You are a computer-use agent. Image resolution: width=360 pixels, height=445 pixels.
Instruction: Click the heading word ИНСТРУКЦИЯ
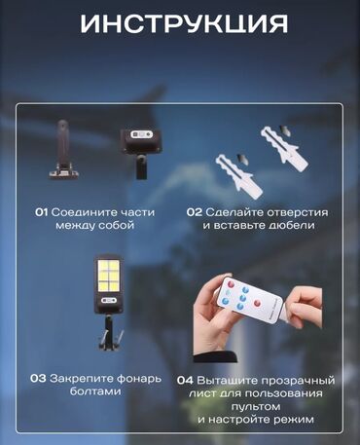(x=184, y=24)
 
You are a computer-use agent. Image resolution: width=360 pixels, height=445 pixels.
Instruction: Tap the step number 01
(x=42, y=212)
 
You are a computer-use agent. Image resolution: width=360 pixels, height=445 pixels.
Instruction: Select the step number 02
(x=195, y=212)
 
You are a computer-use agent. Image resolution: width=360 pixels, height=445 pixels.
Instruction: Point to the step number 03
(x=38, y=379)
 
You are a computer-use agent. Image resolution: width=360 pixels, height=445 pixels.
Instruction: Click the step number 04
(x=185, y=381)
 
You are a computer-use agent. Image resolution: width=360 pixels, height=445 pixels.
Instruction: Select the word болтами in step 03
(x=95, y=391)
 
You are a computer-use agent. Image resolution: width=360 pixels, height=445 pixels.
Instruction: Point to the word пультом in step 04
(x=256, y=406)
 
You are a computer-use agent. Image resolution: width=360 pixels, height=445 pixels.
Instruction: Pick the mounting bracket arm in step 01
(x=63, y=149)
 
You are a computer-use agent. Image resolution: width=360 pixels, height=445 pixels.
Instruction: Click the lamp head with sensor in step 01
(x=141, y=153)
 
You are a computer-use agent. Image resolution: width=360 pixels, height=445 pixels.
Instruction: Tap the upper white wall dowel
(x=284, y=148)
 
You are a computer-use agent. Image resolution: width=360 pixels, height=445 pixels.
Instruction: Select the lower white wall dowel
(x=239, y=175)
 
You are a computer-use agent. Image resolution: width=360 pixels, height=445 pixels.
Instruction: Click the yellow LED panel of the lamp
(x=109, y=276)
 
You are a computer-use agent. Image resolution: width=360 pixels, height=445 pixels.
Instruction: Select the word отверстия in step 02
(x=298, y=213)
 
